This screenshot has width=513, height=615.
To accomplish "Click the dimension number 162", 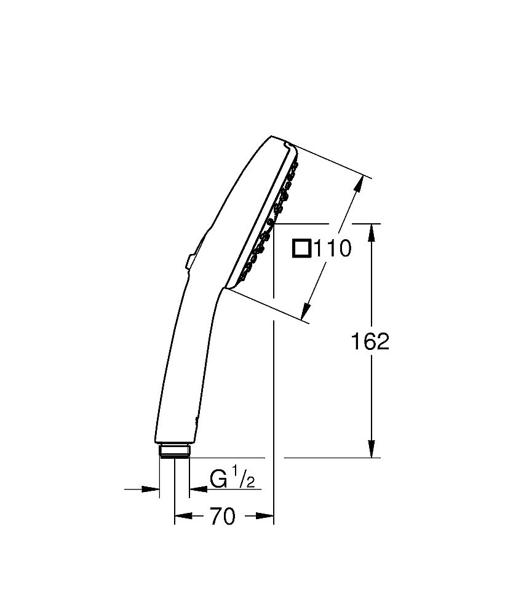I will point(370,341).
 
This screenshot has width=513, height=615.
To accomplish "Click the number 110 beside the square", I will point(332,249).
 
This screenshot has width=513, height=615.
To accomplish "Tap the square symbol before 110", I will point(302,248).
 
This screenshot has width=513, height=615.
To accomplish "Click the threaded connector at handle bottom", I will point(175,451).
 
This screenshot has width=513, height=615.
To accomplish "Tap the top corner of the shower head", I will point(271,136).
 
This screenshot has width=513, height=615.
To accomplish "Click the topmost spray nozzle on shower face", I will point(296,164).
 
